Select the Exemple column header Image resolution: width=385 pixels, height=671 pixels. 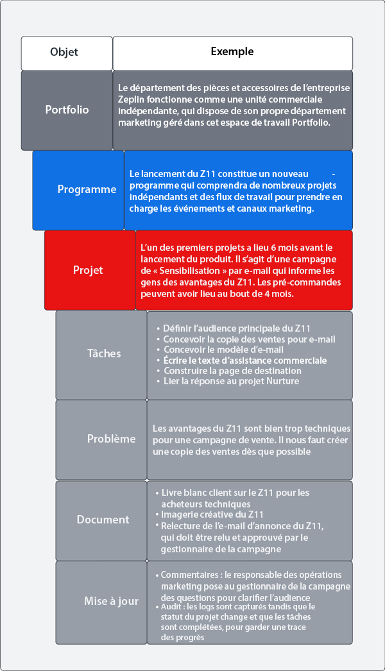[x=232, y=52]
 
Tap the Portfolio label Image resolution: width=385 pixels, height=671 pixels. [x=67, y=110]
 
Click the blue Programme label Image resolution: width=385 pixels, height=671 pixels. [x=87, y=189]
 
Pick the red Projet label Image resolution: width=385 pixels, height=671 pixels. [x=88, y=270]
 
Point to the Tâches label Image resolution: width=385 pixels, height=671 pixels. [x=104, y=353]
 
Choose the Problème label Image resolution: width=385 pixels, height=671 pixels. [x=111, y=439]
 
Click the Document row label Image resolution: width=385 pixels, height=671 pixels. [x=103, y=520]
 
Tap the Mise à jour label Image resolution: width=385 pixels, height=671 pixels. [x=111, y=601]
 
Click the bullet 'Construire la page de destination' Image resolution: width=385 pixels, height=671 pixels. [x=232, y=371]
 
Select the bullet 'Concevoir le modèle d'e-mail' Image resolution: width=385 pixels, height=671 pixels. [x=223, y=350]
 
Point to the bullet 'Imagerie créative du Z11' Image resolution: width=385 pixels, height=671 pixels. [x=212, y=514]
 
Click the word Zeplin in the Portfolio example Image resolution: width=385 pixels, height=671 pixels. [x=133, y=99]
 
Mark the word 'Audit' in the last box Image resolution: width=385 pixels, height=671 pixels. [x=171, y=606]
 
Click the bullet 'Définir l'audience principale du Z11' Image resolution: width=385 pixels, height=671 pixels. [x=237, y=328]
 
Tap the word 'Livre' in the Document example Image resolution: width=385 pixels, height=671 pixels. [x=172, y=493]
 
